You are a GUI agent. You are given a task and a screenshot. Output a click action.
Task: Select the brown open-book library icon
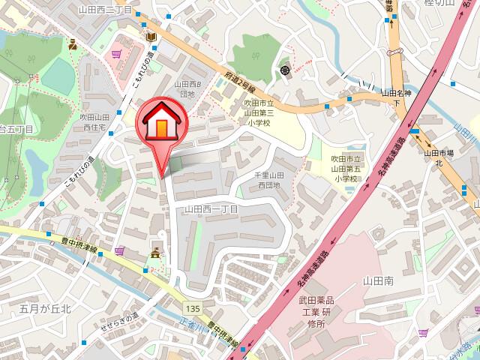[x=151, y=37]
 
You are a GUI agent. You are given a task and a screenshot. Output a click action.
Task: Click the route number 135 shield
[x=194, y=308]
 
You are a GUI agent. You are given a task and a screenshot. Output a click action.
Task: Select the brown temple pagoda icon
[x=156, y=253]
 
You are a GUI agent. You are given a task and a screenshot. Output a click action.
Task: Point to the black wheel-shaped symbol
[x=285, y=70]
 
